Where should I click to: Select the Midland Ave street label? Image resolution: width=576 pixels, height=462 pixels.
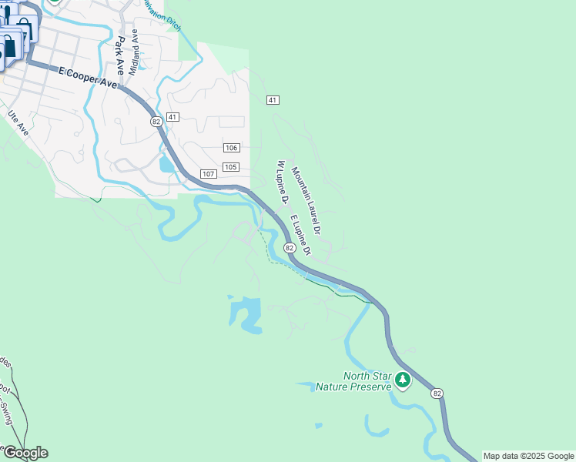135,52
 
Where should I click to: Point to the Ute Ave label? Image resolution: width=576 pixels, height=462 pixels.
18,124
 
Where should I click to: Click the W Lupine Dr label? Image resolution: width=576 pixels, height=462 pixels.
281,183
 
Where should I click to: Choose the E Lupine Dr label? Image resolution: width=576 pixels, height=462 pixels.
300,234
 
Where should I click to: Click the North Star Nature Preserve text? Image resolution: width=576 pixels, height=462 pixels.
357,381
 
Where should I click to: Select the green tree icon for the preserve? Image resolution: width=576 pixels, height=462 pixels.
401,380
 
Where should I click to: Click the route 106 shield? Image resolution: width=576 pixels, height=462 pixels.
232,148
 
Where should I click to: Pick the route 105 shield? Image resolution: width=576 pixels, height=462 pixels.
231,167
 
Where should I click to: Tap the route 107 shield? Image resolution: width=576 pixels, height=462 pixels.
208,174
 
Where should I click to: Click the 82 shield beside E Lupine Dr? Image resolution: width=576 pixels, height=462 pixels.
289,248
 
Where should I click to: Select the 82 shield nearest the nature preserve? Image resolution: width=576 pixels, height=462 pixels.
437,393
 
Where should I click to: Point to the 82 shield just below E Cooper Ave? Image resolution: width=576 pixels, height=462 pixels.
156,122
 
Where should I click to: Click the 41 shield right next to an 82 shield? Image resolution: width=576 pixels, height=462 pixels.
172,117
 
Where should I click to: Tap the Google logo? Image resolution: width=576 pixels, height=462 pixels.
25,453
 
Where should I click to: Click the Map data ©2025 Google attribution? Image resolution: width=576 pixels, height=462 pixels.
528,456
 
